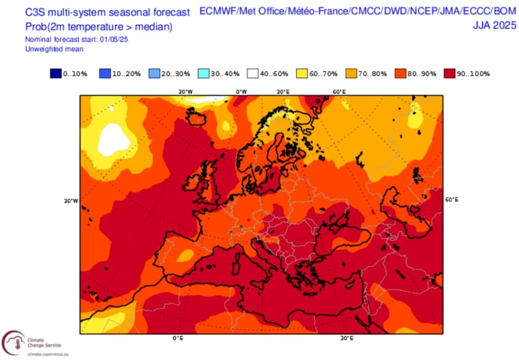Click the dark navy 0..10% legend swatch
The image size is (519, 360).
[x=56, y=73]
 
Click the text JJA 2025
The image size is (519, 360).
[x=494, y=25]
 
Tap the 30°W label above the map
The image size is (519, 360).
[x=186, y=92]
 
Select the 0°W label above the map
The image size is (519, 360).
[x=241, y=92]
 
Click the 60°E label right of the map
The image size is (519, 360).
[x=451, y=199]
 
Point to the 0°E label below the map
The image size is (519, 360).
[x=178, y=338]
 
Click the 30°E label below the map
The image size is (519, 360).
[x=346, y=338]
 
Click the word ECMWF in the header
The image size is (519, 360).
[x=215, y=11]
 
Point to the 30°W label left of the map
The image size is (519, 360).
[x=71, y=201]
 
